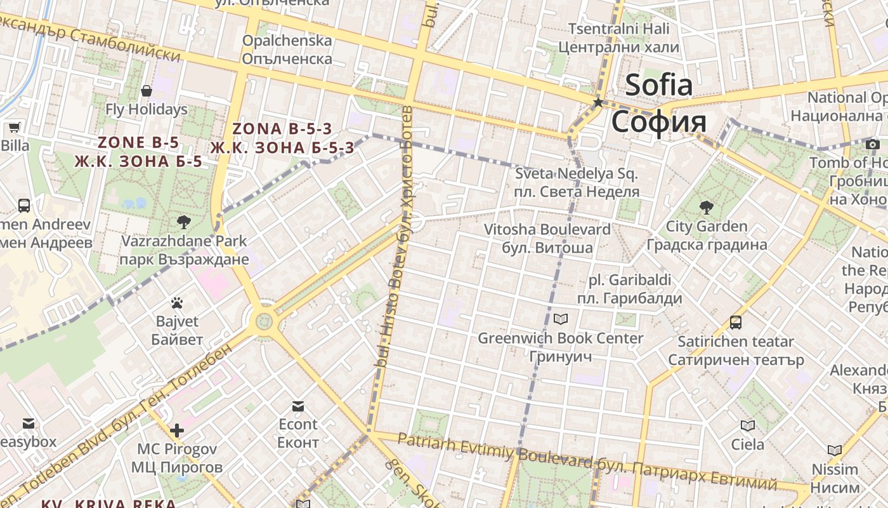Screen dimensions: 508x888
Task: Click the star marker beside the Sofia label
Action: point(597,102)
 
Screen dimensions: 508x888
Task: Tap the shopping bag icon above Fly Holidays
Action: point(147,91)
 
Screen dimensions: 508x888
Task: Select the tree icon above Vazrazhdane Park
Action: point(184,222)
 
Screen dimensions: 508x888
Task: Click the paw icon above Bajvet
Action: point(177,303)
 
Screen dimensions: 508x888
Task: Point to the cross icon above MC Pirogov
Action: point(177,431)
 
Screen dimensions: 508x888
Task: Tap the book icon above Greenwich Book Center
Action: point(561,319)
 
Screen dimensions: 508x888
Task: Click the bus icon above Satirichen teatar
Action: point(736,323)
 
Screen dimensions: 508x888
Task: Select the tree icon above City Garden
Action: point(705,207)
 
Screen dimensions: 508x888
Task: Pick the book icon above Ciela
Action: point(748,425)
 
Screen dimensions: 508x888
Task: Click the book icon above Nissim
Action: point(835,450)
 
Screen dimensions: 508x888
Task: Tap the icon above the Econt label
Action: point(297,406)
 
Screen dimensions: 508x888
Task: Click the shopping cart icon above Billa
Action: point(14,126)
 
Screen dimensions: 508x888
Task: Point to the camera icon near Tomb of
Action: point(873,144)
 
